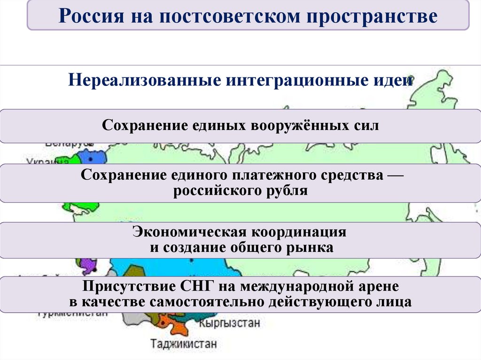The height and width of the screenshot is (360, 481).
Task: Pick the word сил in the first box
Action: [x=365, y=126]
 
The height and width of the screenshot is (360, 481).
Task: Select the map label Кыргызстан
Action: [x=229, y=323]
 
